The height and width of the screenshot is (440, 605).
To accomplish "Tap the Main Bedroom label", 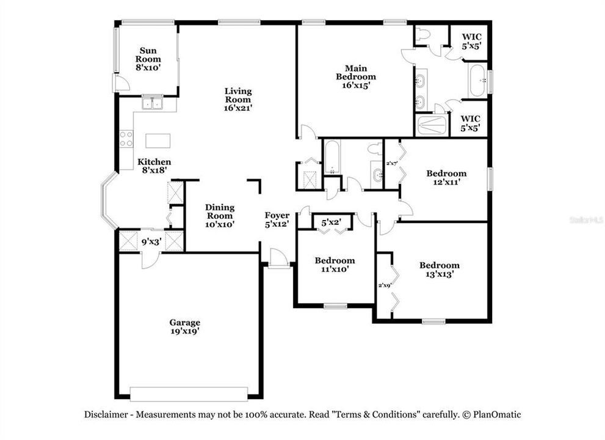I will click(356, 77).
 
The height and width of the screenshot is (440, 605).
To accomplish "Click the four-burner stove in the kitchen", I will click(126, 139).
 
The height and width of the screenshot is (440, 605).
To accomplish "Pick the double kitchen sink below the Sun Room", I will click(151, 103).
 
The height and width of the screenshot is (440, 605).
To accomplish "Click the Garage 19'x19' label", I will click(184, 327).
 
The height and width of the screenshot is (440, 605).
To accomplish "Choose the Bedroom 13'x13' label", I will click(439, 269).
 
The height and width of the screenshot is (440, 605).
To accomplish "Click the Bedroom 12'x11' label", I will click(446, 177).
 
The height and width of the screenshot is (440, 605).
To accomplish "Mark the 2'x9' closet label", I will click(384, 285).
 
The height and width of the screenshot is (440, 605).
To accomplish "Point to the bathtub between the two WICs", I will click(477, 81).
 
